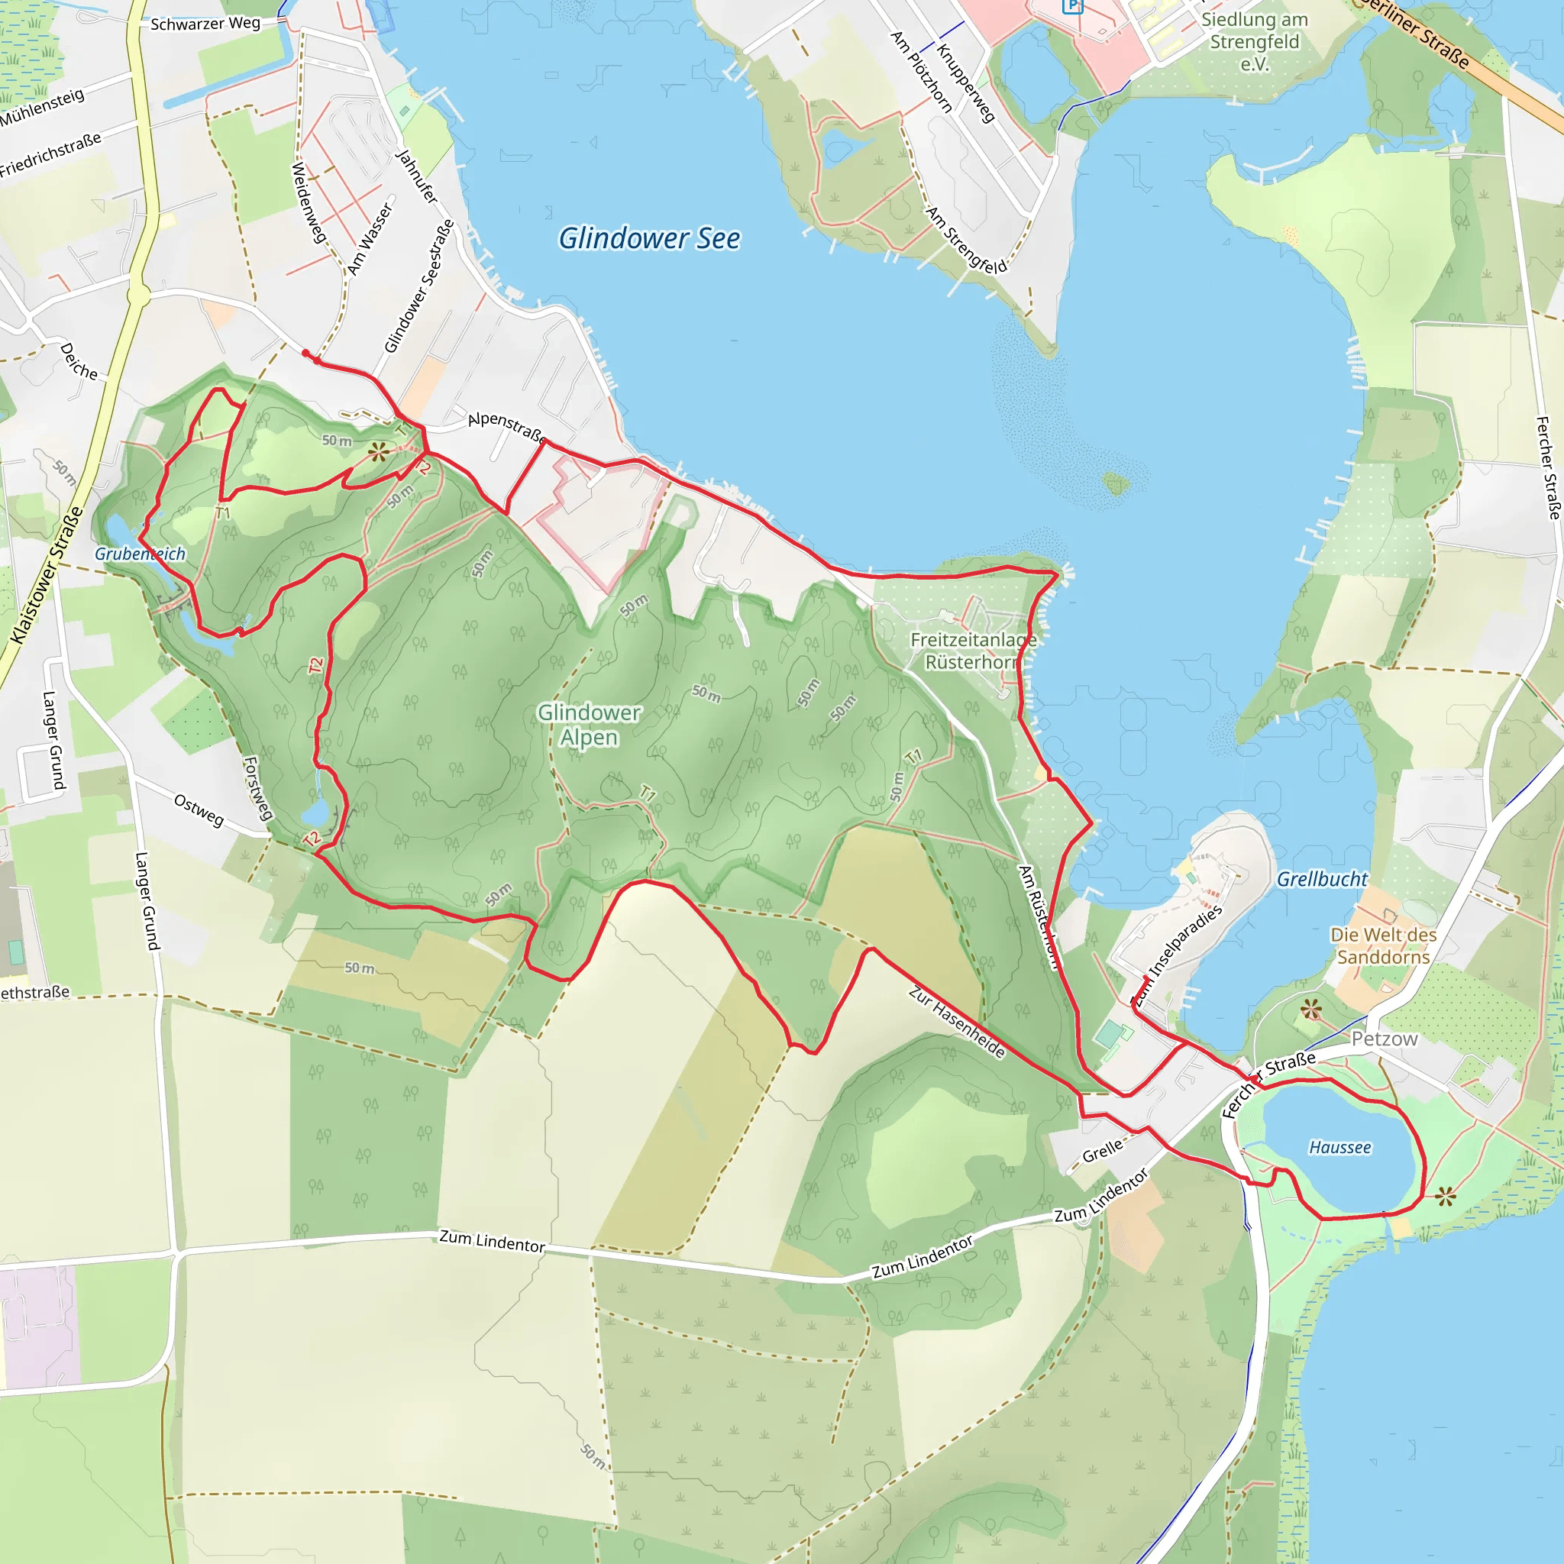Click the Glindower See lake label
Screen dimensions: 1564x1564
[649, 239]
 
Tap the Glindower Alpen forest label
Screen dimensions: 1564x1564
[590, 725]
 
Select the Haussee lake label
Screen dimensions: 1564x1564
[1339, 1147]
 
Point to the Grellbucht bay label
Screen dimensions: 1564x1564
[1322, 879]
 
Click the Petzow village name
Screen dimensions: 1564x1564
[1385, 1039]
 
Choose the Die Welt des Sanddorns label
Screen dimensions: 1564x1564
[1384, 945]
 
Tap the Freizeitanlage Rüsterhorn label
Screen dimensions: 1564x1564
[973, 651]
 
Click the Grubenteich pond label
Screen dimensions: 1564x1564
[140, 554]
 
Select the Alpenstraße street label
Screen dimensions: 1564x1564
[507, 426]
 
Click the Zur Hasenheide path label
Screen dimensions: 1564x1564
[957, 1022]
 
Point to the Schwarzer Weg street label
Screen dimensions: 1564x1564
[205, 24]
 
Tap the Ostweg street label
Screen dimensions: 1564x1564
[199, 809]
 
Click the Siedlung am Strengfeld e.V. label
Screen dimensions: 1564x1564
[1254, 41]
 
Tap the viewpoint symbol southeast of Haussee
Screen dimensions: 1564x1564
[1445, 1195]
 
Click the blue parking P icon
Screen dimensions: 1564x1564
[1073, 6]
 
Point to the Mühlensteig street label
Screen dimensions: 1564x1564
[42, 108]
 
